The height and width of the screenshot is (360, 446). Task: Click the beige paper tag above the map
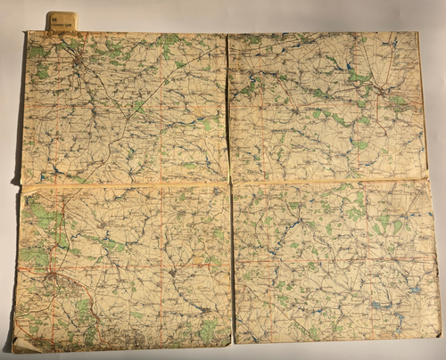pos(61,20)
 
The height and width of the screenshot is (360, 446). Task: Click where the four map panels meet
pos(230,183)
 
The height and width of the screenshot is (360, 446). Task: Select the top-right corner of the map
pos(417,34)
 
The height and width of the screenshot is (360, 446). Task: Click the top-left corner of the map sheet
pos(28,33)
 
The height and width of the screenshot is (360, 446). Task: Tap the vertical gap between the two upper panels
pos(227,107)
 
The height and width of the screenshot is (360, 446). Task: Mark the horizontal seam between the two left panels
pos(125,184)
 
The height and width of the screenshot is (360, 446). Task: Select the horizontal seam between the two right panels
pos(330,182)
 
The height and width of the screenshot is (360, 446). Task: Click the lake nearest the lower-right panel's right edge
pos(416,289)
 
